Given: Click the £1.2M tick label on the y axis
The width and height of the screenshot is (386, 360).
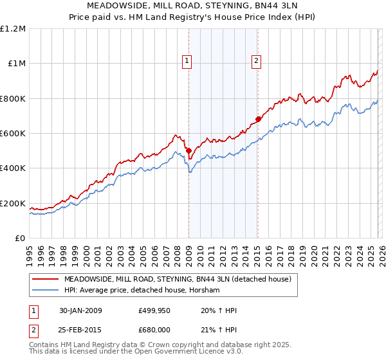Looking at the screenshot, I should coord(13,28).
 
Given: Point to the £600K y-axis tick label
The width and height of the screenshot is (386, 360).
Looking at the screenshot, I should coord(13,133).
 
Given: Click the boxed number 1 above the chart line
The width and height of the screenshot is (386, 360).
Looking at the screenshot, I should coord(187,61).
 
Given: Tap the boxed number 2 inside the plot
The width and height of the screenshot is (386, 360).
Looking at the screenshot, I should coord(256,61).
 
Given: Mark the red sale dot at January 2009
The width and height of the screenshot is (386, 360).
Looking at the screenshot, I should coord(188,150).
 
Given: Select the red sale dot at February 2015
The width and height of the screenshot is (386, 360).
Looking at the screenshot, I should coord(257,119).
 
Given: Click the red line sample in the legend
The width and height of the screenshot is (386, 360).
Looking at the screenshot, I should coord(45,280).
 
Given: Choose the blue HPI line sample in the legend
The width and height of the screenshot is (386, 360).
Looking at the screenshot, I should coord(45,290).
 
